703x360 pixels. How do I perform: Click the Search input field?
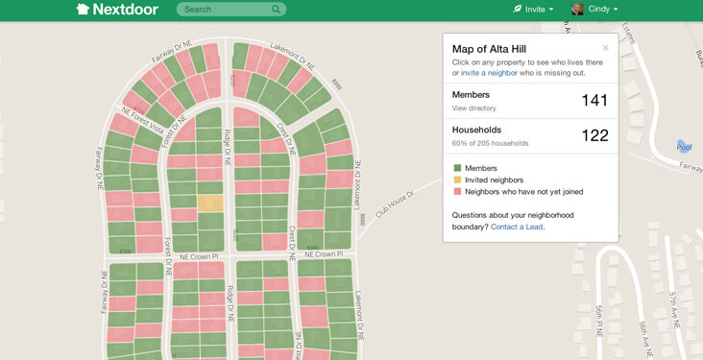(224, 10)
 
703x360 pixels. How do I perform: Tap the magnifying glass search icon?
(277, 10)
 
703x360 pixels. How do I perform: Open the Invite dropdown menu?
(533, 10)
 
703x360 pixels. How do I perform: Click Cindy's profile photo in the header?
(577, 10)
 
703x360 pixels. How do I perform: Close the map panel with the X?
(605, 48)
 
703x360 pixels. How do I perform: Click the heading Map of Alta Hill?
(489, 49)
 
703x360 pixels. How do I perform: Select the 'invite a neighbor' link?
(489, 73)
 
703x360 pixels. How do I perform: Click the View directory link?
(473, 108)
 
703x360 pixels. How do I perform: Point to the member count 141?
(594, 101)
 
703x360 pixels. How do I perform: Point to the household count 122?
(594, 135)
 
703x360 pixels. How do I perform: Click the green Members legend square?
(457, 168)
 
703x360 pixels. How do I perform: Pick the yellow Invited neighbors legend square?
(457, 180)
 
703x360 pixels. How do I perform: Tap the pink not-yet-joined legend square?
(457, 192)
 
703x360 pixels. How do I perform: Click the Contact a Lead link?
(517, 227)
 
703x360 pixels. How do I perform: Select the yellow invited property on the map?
(210, 204)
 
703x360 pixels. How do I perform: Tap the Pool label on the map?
(684, 147)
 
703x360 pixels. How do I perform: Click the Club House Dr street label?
(394, 204)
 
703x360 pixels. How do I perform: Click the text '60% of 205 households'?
(490, 143)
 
